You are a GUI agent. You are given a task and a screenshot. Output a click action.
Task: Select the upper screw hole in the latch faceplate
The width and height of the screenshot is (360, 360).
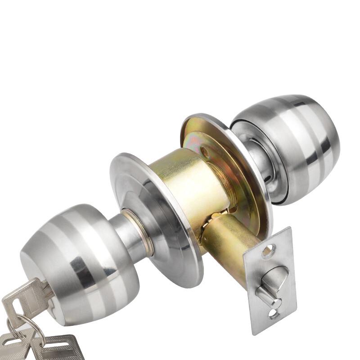(268, 250)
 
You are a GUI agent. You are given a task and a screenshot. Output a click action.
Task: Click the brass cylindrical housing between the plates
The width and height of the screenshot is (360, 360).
(189, 180)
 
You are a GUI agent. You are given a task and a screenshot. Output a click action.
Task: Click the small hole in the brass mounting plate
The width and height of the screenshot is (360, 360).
(206, 152)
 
